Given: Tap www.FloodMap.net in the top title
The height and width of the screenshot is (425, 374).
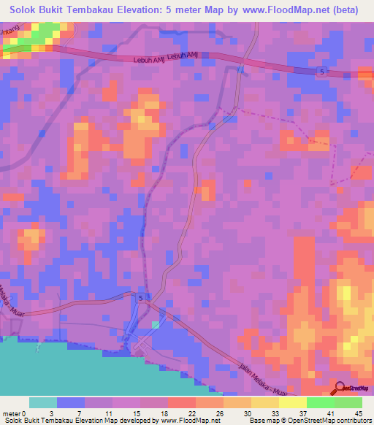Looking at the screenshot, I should coord(270,11).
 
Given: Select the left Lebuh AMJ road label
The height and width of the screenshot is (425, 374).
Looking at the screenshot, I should coord(150,61).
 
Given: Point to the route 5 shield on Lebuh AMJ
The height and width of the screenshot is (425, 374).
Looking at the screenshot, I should coord(322,71).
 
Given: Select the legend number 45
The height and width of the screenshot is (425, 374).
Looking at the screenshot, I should coord(359,414).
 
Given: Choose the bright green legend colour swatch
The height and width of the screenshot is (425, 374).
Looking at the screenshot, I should coord(320,402).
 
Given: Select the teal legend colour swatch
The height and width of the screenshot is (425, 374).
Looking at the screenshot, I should coord(43,402).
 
